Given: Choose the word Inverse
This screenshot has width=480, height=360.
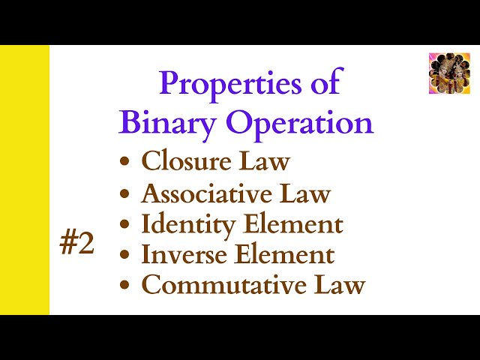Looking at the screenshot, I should point(185,255).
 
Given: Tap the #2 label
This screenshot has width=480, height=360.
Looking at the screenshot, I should point(77,244).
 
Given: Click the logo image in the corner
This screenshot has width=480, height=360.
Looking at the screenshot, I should point(448,73).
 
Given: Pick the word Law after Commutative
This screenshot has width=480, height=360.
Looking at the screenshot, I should point(341,285).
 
